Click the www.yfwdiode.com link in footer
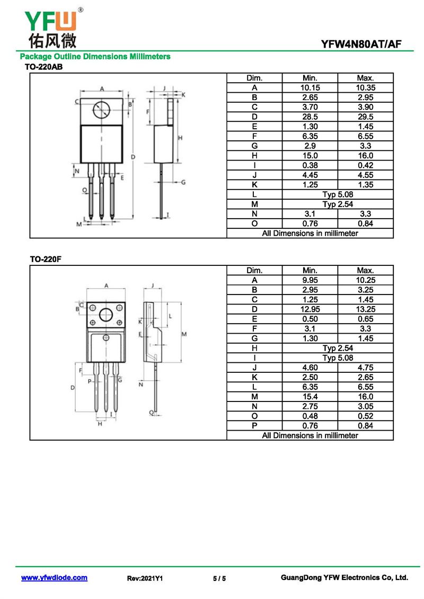(54, 578)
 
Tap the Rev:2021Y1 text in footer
(145, 578)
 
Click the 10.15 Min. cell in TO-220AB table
(310, 88)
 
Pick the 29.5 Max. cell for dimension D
(366, 117)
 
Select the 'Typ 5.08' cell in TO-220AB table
(338, 194)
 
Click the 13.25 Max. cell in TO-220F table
(366, 309)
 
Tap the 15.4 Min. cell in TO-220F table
(310, 397)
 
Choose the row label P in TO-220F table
(254, 426)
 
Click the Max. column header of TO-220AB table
(366, 78)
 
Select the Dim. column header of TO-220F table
(254, 271)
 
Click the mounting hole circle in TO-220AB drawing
(101, 110)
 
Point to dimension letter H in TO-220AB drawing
(180, 138)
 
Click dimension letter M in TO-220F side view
(184, 334)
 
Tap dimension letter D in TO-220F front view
(73, 388)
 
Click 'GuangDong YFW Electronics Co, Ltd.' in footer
(344, 578)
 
